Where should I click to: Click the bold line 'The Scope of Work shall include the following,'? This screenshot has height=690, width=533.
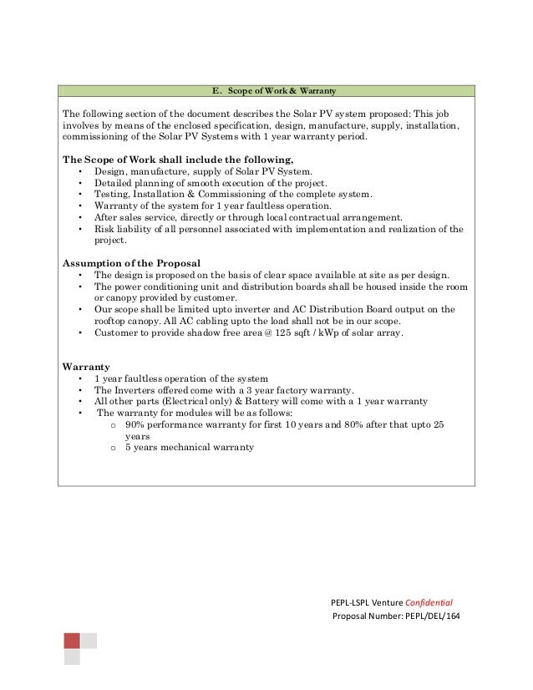pos(179,159)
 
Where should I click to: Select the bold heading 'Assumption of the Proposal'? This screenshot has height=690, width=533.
pos(132,262)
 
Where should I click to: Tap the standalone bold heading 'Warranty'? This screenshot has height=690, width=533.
pos(87,366)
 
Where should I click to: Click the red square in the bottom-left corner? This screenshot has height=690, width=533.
pos(72,641)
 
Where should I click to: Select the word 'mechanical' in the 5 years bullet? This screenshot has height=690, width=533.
pos(189,447)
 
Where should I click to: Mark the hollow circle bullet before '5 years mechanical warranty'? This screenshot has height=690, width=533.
pos(113,448)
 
